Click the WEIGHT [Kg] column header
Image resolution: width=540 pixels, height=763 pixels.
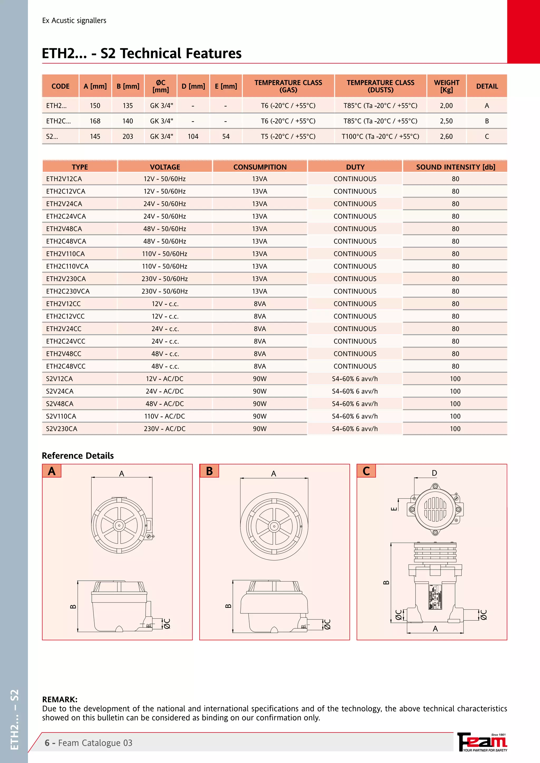[446, 86]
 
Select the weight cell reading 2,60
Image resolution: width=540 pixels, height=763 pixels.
[446, 136]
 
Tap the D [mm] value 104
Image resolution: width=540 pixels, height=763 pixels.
[193, 136]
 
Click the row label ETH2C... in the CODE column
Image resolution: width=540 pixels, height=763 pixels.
[59, 121]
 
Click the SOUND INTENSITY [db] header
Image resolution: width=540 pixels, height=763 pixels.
[455, 167]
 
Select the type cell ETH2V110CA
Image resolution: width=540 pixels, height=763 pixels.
[65, 254]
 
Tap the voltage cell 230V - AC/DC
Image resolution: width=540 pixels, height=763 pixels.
[165, 429]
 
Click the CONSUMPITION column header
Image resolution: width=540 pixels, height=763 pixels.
[260, 167]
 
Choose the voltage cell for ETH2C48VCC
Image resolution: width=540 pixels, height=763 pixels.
[165, 366]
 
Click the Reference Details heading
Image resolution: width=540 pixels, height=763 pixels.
[78, 456]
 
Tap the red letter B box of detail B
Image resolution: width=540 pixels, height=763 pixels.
[209, 471]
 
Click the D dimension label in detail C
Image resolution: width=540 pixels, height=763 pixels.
[434, 473]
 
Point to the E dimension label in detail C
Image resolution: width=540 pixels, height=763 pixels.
[394, 508]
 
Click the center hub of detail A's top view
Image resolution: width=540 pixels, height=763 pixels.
[119, 525]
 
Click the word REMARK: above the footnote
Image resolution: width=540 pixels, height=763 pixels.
[60, 700]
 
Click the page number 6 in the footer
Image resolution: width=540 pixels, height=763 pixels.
[47, 743]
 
